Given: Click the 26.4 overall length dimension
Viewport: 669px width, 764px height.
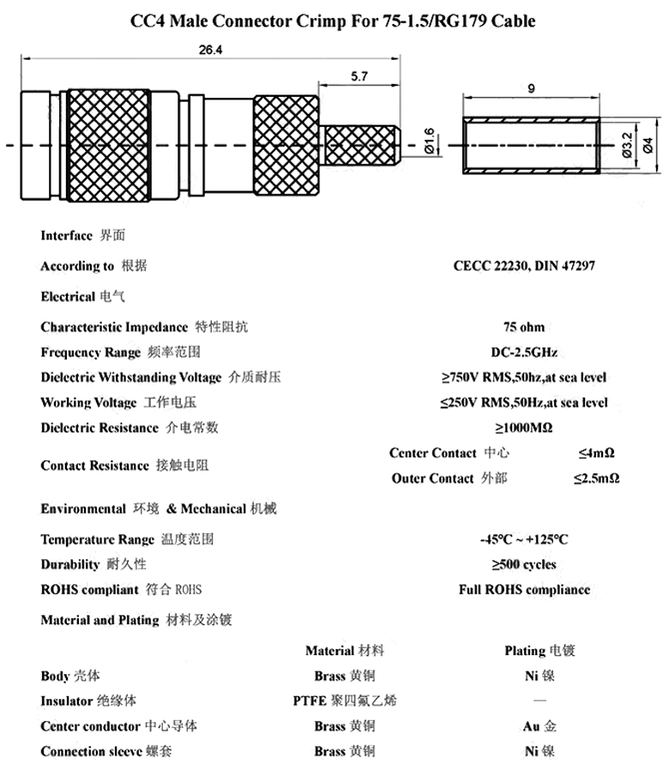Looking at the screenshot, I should click(211, 51).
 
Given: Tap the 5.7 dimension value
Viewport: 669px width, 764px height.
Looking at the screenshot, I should click(359, 76).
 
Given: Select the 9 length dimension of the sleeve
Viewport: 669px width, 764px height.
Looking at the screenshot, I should click(533, 87).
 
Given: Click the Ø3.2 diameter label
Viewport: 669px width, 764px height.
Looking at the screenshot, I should click(627, 145).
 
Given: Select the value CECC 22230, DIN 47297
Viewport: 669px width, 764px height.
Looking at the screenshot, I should click(524, 266).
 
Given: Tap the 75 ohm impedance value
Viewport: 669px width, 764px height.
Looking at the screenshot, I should click(524, 327).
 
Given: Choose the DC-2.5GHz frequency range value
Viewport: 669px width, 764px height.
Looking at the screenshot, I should click(524, 352).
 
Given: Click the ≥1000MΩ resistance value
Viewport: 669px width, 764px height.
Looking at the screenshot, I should click(524, 427).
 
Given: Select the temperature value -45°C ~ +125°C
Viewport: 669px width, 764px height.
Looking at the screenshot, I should click(524, 539).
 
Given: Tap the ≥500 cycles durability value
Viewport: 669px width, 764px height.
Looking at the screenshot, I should click(524, 564).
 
